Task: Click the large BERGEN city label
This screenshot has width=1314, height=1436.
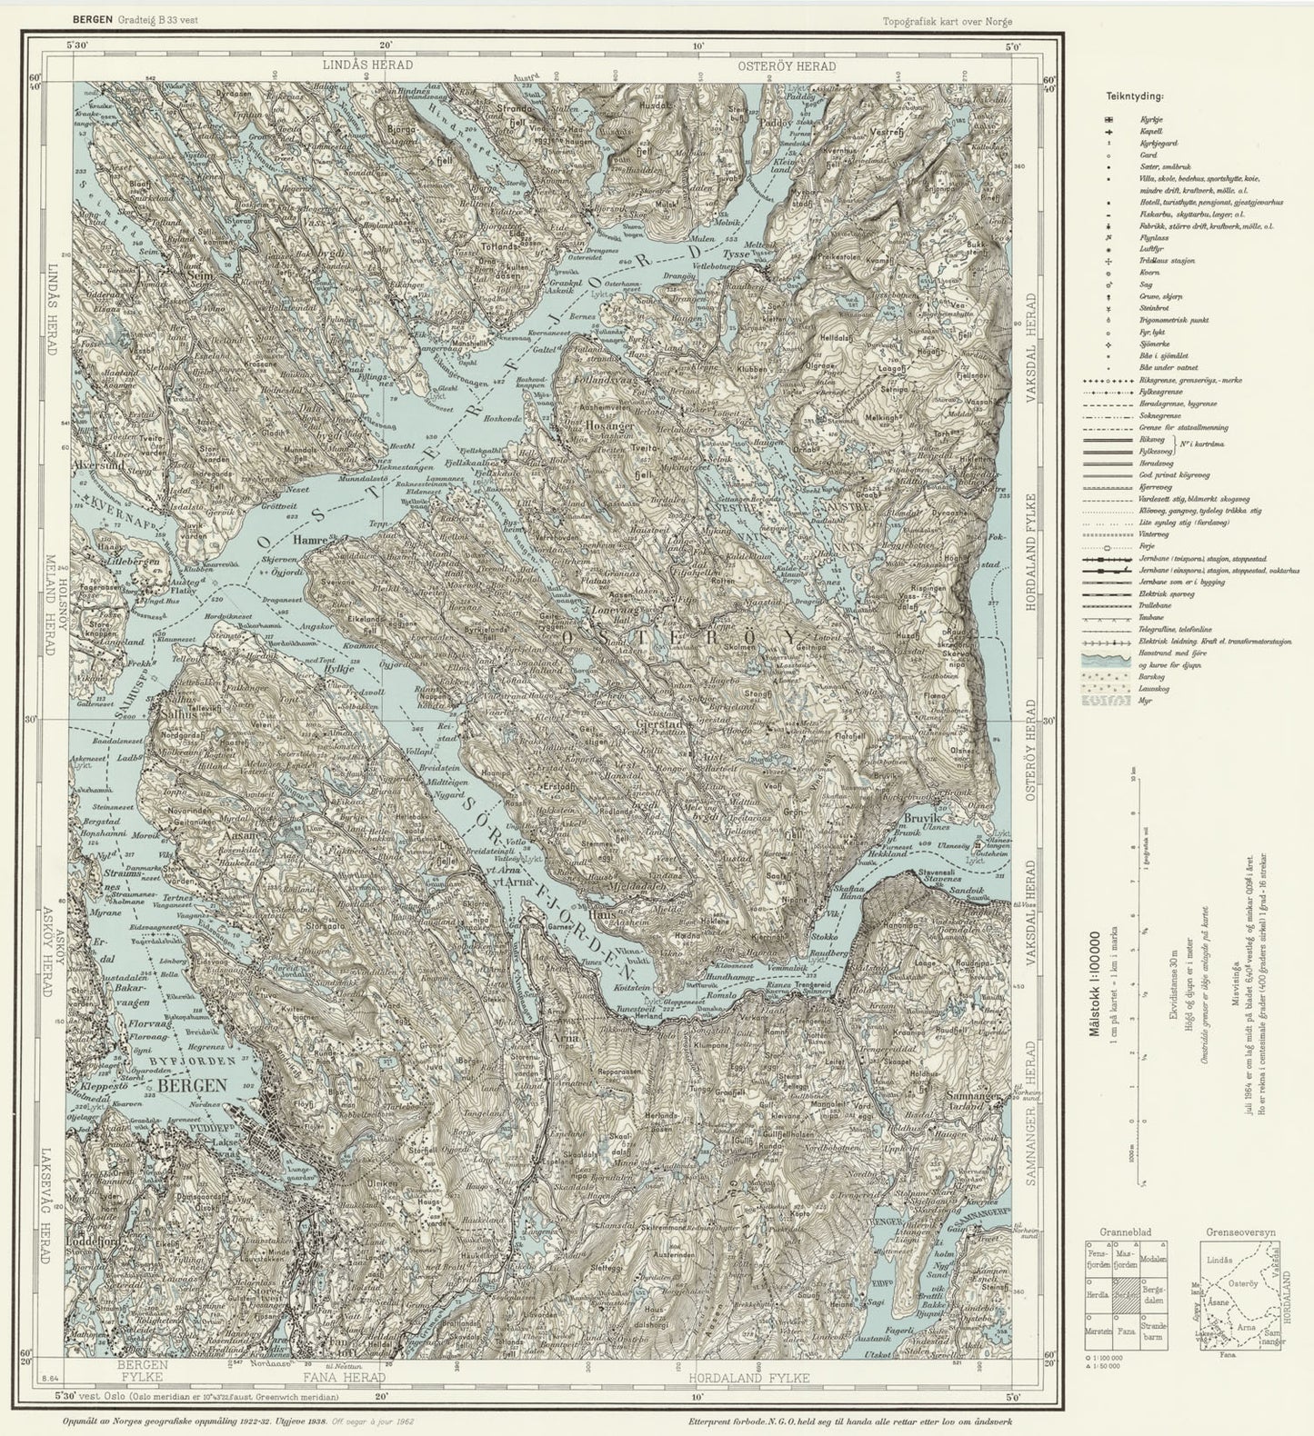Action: [192, 1085]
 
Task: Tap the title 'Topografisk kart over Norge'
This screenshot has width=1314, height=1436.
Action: [946, 22]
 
